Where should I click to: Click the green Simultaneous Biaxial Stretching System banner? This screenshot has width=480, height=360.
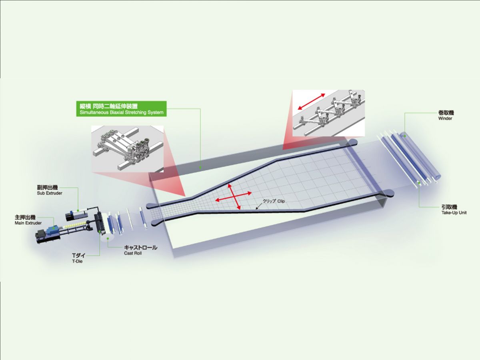(121, 109)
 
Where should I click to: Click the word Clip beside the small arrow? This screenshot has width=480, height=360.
(281, 201)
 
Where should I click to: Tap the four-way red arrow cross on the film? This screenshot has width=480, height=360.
(233, 196)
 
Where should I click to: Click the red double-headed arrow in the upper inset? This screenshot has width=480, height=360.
(312, 102)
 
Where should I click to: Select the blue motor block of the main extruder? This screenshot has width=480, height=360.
(52, 230)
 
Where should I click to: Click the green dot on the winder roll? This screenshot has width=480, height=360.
(404, 136)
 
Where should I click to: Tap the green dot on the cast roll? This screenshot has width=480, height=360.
(107, 239)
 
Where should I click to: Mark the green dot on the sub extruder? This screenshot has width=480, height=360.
(78, 211)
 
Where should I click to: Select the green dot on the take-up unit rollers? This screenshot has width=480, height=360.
(419, 182)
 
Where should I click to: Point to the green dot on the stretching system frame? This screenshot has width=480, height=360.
(200, 168)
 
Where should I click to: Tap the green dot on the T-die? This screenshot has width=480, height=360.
(100, 231)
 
